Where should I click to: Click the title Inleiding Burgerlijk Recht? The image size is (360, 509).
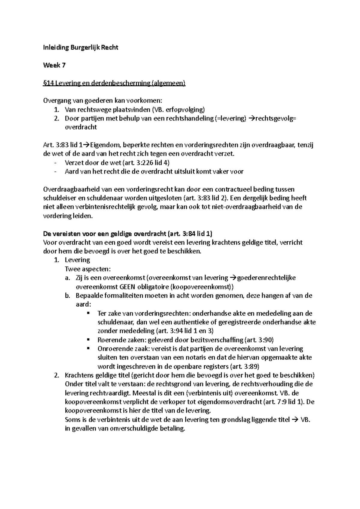81,47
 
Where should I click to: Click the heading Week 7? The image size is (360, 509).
54,65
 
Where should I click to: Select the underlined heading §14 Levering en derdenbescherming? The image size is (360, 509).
114,83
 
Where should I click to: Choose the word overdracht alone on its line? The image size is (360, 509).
81,127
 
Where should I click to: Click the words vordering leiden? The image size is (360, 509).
68,216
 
